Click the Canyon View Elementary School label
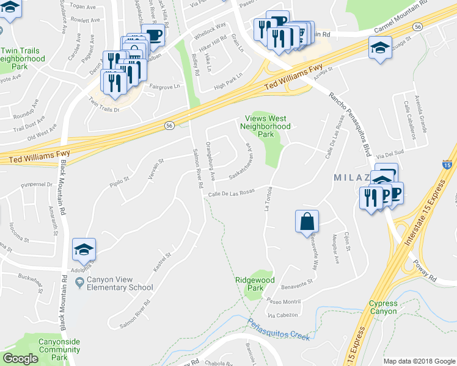[119, 284]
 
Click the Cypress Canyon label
[383, 307]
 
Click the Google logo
[20, 359]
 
